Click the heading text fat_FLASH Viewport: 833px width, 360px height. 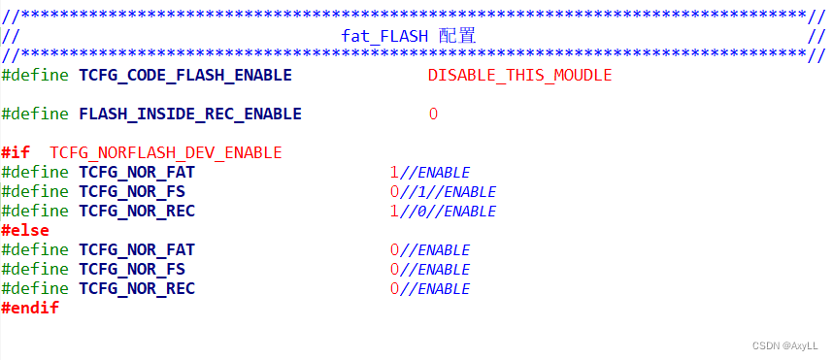pyautogui.click(x=384, y=36)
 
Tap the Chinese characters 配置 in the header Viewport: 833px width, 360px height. pyautogui.click(x=456, y=36)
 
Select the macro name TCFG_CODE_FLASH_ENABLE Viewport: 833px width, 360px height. pyautogui.click(x=185, y=75)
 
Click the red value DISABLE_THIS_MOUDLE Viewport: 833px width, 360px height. pyautogui.click(x=519, y=75)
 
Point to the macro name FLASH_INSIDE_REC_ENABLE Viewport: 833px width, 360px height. pyautogui.click(x=190, y=114)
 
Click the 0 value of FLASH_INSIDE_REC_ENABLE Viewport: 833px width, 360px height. pyautogui.click(x=433, y=114)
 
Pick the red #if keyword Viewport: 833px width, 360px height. pyautogui.click(x=16, y=152)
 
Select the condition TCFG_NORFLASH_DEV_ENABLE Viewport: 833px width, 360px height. pyautogui.click(x=166, y=152)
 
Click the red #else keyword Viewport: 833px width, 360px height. pyautogui.click(x=25, y=230)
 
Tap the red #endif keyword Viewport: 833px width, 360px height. pyautogui.click(x=30, y=308)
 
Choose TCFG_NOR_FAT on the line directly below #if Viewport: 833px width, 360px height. pyautogui.click(x=137, y=172)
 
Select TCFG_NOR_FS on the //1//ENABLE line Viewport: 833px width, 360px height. pyautogui.click(x=132, y=191)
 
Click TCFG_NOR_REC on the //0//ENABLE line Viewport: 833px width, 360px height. pyautogui.click(x=137, y=211)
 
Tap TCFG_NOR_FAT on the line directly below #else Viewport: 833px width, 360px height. pyautogui.click(x=137, y=249)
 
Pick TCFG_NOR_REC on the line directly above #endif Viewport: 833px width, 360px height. pyautogui.click(x=137, y=288)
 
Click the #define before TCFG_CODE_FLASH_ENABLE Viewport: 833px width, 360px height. pyautogui.click(x=35, y=75)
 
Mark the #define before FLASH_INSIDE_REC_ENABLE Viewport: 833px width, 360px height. pyautogui.click(x=35, y=114)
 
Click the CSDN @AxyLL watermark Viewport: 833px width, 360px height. pyautogui.click(x=783, y=345)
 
